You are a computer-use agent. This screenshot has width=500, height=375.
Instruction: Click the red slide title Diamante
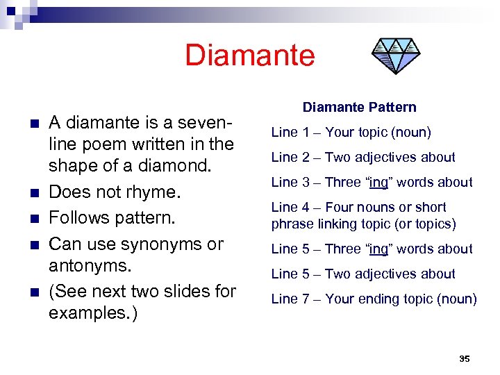coord(249,56)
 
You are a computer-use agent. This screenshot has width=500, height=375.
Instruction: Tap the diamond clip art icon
coord(394,55)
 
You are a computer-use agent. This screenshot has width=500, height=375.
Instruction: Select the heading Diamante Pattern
coord(359,107)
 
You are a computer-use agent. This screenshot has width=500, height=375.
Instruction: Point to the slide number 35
coord(465,358)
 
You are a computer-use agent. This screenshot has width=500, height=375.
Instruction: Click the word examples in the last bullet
coord(90,313)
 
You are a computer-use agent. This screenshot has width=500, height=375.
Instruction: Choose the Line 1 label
coord(285,132)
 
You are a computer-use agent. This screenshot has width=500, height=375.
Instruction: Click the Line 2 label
coord(285,157)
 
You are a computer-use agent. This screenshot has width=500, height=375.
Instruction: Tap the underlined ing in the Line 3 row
coord(378,183)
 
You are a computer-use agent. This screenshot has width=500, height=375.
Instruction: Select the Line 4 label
coord(285,207)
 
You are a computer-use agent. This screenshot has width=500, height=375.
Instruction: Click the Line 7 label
coord(285,299)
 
